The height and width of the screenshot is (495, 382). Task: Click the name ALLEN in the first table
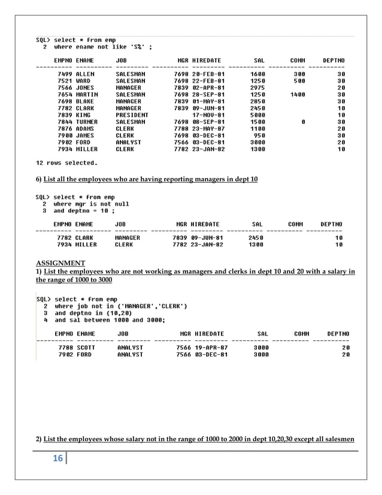(x=85, y=74)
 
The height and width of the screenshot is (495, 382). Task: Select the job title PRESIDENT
(x=132, y=115)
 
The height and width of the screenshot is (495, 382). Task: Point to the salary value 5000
(x=257, y=115)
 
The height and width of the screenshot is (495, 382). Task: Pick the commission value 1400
(x=297, y=95)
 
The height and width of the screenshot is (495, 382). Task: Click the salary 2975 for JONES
(x=257, y=87)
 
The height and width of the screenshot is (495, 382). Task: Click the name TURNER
(x=87, y=122)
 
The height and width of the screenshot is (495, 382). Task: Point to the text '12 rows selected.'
(x=66, y=162)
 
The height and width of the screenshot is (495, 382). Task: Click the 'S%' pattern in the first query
(x=137, y=47)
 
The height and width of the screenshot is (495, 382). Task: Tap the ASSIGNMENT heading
(x=60, y=263)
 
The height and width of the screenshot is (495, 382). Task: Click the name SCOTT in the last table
(x=86, y=348)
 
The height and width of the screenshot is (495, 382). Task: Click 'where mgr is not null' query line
(x=91, y=204)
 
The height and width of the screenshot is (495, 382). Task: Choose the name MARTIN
(x=87, y=95)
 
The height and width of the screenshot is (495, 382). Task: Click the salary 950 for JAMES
(x=260, y=135)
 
